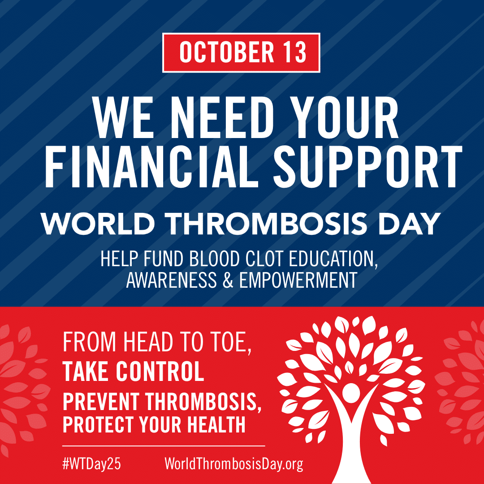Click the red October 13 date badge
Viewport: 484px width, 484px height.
click(241, 52)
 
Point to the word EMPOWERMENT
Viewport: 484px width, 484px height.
click(298, 280)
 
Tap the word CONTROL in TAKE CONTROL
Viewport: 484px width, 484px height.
click(160, 372)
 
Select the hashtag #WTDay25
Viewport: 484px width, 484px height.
click(91, 464)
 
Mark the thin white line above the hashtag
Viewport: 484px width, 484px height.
click(163, 446)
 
